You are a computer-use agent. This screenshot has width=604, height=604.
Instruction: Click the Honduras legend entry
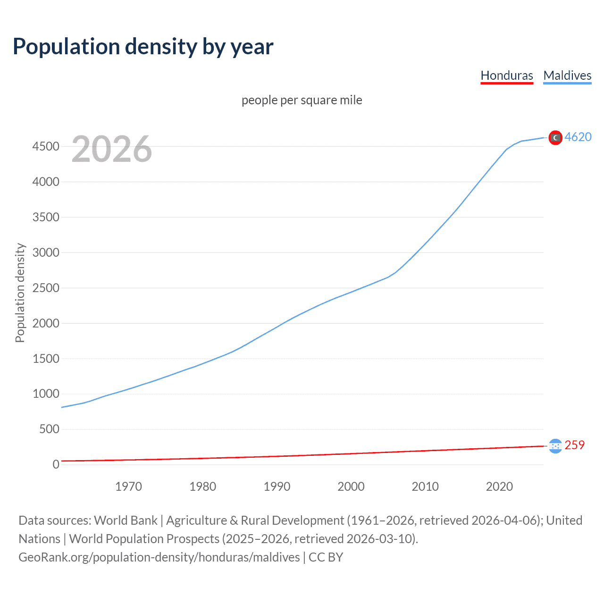pyautogui.click(x=506, y=75)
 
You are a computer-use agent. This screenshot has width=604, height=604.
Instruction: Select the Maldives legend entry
pyautogui.click(x=567, y=75)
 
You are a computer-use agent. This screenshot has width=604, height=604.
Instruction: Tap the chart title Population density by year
pyautogui.click(x=143, y=47)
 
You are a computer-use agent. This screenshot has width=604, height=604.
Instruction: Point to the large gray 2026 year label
pyautogui.click(x=112, y=149)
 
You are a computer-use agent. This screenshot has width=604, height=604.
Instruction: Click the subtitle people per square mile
pyautogui.click(x=302, y=100)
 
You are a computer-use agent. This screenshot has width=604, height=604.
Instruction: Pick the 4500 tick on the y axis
pyautogui.click(x=46, y=147)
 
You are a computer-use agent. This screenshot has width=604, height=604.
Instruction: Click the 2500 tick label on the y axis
pyautogui.click(x=46, y=288)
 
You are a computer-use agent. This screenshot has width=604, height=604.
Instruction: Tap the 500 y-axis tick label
pyautogui.click(x=49, y=429)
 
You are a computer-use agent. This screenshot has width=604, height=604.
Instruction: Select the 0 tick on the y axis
pyautogui.click(x=56, y=464)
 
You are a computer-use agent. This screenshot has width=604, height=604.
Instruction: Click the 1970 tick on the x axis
pyautogui.click(x=128, y=487)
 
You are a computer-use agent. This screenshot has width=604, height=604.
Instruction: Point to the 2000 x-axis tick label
pyautogui.click(x=351, y=487)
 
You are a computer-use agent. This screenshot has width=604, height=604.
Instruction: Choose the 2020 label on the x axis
pyautogui.click(x=499, y=487)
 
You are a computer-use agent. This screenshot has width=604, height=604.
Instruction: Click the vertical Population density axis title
pyautogui.click(x=20, y=293)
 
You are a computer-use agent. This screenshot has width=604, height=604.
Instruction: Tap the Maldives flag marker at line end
pyautogui.click(x=555, y=137)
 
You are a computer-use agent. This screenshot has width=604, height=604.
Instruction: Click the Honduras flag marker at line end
pyautogui.click(x=555, y=445)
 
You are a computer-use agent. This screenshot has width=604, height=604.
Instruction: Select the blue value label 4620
pyautogui.click(x=578, y=137)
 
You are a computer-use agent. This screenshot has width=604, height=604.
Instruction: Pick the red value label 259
pyautogui.click(x=574, y=445)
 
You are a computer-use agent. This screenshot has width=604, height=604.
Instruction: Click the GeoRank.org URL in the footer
pyautogui.click(x=159, y=557)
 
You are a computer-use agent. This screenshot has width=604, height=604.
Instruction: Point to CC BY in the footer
pyautogui.click(x=326, y=557)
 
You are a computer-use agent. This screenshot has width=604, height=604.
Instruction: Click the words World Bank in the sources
pyautogui.click(x=126, y=520)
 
